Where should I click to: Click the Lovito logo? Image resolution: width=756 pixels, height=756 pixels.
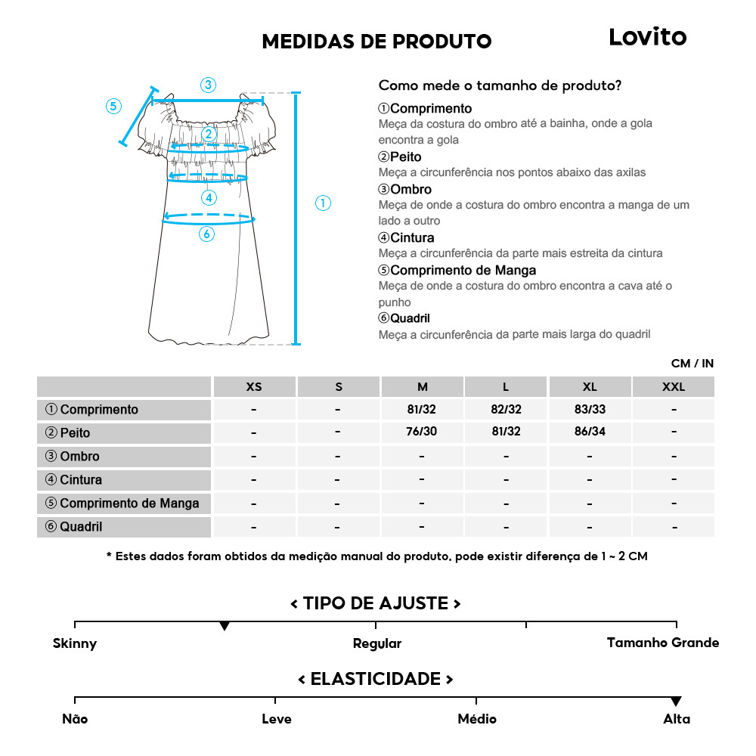click(x=647, y=37)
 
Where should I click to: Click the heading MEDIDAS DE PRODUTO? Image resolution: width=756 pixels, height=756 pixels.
click(x=376, y=42)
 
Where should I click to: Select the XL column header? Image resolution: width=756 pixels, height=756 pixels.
click(x=590, y=387)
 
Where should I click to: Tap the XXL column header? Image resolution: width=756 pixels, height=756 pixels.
click(x=673, y=387)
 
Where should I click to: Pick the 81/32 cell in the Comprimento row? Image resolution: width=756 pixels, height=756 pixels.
click(x=422, y=410)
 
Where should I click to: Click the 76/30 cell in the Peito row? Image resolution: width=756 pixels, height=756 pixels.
click(x=422, y=433)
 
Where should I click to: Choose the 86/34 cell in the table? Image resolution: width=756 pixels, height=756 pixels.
click(x=590, y=433)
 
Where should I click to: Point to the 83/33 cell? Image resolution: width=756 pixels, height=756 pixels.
click(x=590, y=410)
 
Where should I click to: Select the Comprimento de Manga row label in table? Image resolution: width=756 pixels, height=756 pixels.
click(x=122, y=503)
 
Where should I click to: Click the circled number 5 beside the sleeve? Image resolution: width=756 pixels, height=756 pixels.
click(x=113, y=106)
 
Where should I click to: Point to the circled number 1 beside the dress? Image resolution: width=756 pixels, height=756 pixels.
click(x=323, y=203)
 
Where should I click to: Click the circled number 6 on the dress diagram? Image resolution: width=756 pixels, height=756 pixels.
click(x=207, y=234)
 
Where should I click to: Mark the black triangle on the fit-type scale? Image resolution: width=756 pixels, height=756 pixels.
click(x=225, y=627)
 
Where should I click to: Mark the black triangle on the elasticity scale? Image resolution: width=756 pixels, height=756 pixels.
click(x=676, y=702)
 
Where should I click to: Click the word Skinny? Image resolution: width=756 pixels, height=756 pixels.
click(x=75, y=644)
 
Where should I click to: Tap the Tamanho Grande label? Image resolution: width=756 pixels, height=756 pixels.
click(x=663, y=643)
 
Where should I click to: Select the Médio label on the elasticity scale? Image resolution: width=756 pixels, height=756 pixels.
click(x=477, y=719)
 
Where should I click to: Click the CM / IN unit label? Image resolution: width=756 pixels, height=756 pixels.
click(x=692, y=364)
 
